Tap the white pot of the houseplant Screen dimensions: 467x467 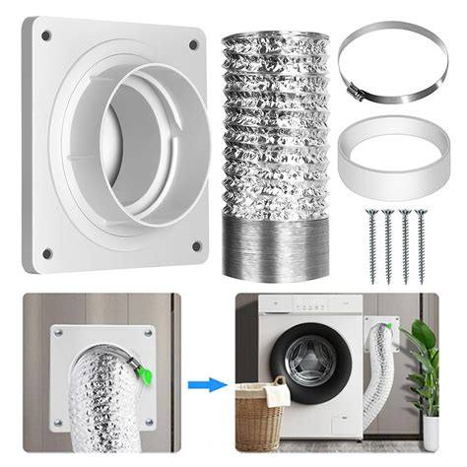pyautogui.click(x=432, y=434)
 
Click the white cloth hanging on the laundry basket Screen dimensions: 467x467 pyautogui.click(x=278, y=393)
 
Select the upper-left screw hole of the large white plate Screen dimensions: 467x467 pyautogui.click(x=46, y=36)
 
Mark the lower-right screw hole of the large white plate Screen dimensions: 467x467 pyautogui.click(x=196, y=246)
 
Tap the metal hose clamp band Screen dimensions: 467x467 pyautogui.click(x=379, y=59)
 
